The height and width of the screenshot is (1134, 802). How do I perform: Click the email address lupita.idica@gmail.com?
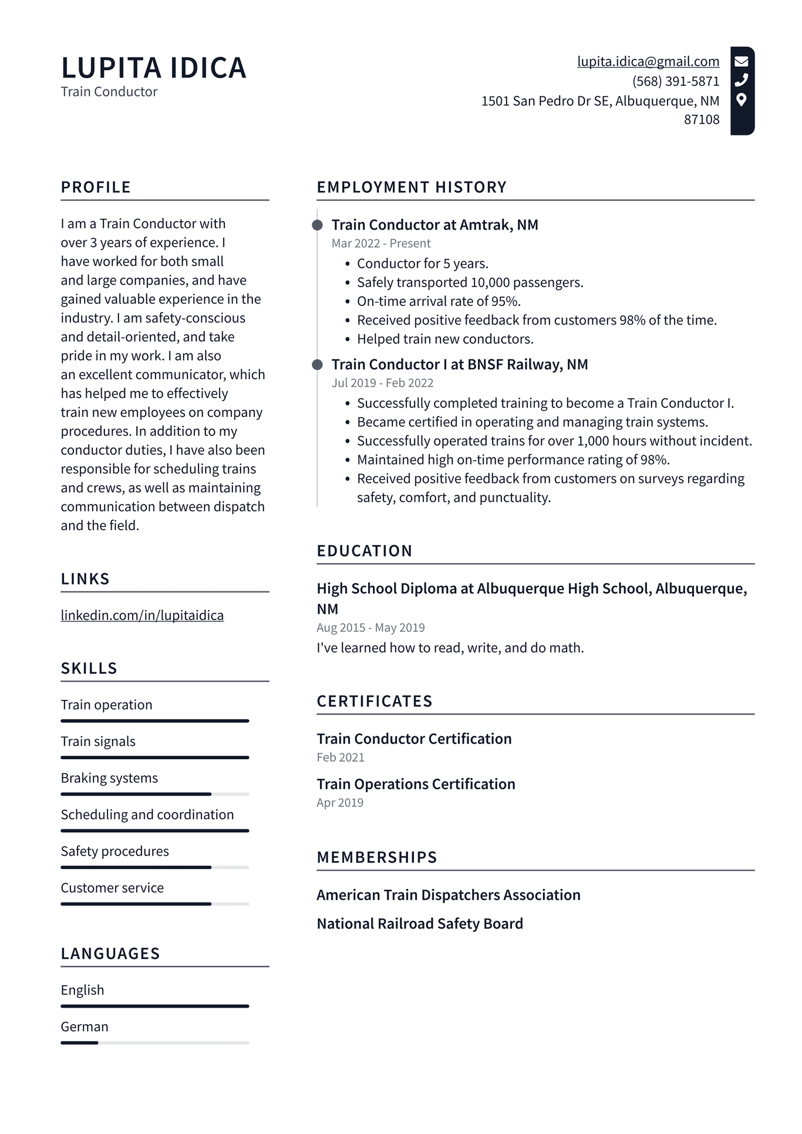pyautogui.click(x=648, y=62)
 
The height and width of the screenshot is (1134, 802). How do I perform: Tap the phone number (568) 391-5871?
pyautogui.click(x=675, y=81)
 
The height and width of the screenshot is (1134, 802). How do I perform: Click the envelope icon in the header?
pyautogui.click(x=742, y=61)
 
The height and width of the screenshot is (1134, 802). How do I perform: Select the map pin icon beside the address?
pyautogui.click(x=742, y=100)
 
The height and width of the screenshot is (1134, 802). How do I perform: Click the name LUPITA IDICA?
pyautogui.click(x=153, y=68)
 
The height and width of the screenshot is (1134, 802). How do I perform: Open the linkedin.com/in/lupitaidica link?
pyautogui.click(x=142, y=615)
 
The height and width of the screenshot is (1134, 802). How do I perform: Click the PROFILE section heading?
pyautogui.click(x=96, y=187)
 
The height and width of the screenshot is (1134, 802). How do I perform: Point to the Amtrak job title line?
pyautogui.click(x=434, y=225)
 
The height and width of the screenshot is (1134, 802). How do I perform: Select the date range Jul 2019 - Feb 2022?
pyautogui.click(x=382, y=383)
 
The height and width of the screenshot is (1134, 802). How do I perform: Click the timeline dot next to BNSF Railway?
pyautogui.click(x=317, y=365)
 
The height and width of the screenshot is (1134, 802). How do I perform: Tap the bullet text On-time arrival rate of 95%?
pyautogui.click(x=439, y=301)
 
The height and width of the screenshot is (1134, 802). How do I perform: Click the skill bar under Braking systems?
pyautogui.click(x=154, y=794)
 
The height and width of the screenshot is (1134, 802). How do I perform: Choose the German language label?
pyautogui.click(x=85, y=1027)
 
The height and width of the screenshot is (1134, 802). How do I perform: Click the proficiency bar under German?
pyautogui.click(x=154, y=1043)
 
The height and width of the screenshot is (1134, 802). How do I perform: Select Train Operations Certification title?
pyautogui.click(x=416, y=784)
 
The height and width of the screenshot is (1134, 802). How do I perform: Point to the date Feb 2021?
pyautogui.click(x=341, y=758)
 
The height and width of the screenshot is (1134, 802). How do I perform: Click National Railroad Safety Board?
pyautogui.click(x=420, y=924)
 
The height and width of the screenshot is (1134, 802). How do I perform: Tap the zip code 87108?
pyautogui.click(x=701, y=120)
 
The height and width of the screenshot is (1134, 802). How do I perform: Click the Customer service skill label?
pyautogui.click(x=112, y=888)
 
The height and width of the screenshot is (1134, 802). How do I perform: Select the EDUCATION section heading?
pyautogui.click(x=365, y=551)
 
